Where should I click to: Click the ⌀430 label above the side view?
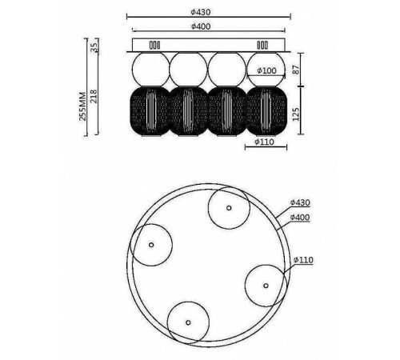(201, 12)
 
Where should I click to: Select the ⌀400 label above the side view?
(201, 26)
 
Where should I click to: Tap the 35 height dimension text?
(94, 47)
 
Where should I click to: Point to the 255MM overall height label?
(83, 106)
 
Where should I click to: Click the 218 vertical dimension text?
(94, 96)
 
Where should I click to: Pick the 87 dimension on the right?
(296, 70)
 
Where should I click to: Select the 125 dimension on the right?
(296, 114)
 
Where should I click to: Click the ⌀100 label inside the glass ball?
(266, 70)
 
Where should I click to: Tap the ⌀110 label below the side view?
(264, 142)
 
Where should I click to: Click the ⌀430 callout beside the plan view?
(300, 202)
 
